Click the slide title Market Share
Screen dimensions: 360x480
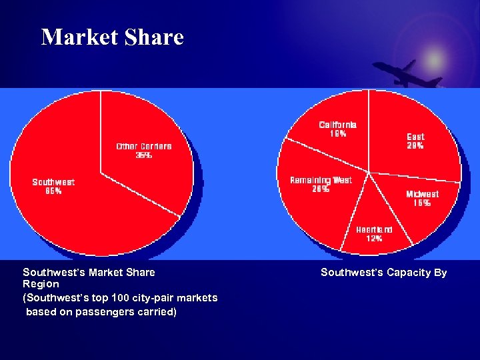click(112, 37)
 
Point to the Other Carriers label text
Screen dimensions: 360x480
click(144, 146)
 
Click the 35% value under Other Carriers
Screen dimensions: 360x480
click(144, 155)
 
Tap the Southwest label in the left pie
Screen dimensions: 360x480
click(53, 182)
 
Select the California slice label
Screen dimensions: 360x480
click(337, 125)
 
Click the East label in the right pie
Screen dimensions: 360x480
click(415, 137)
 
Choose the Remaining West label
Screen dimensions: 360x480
click(321, 180)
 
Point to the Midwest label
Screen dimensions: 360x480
click(423, 194)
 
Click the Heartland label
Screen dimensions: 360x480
click(374, 229)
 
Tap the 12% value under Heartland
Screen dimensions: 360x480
click(374, 238)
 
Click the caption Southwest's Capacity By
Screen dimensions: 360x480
click(383, 273)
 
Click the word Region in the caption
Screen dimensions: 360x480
click(41, 284)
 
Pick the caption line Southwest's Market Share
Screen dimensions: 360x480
click(89, 272)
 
